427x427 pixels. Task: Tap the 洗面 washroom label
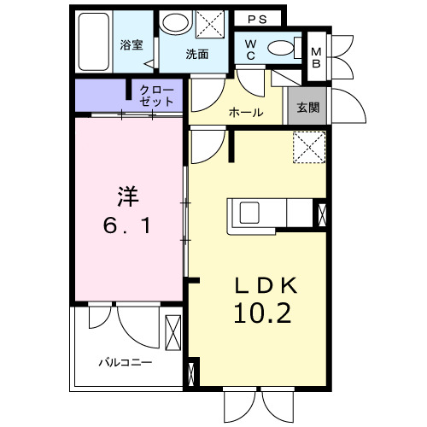(198, 53)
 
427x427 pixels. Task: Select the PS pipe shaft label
(258, 19)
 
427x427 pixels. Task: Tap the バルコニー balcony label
(124, 362)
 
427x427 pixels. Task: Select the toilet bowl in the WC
(279, 48)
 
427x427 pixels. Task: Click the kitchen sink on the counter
(252, 212)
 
